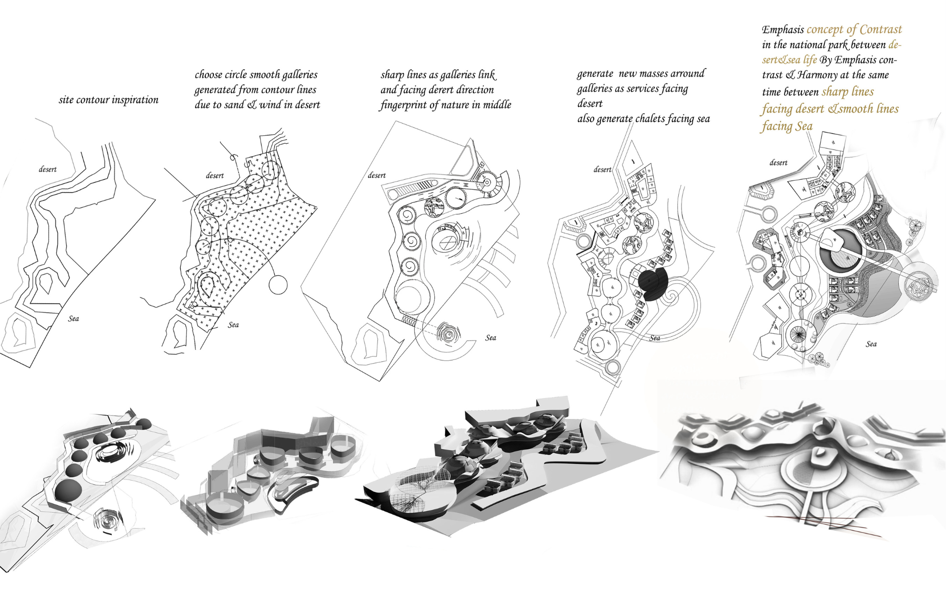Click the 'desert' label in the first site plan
(47, 169)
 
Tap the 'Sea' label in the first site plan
(73, 319)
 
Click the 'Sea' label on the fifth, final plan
(871, 344)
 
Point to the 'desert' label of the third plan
(377, 175)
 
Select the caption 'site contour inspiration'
(108, 100)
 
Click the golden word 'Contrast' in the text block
(880, 29)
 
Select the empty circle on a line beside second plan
(278, 285)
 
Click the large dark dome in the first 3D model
(67, 490)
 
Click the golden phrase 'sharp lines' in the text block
(848, 92)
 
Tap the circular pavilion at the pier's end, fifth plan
(920, 285)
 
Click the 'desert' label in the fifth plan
(778, 163)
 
